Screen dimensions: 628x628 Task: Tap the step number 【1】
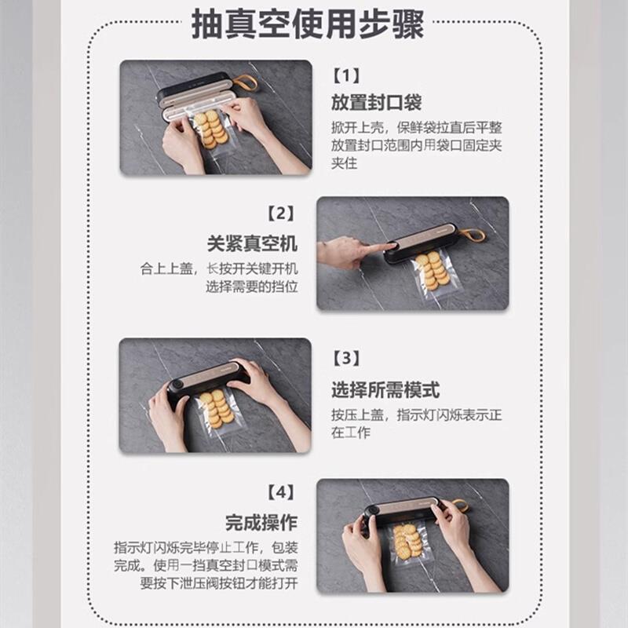click(345, 76)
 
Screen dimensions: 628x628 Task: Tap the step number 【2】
click(280, 213)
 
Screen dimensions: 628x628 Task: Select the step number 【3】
click(345, 359)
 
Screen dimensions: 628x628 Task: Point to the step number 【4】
click(280, 493)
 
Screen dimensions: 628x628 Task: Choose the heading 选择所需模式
click(385, 389)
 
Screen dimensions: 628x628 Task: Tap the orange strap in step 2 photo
click(471, 234)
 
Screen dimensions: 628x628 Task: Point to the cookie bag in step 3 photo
click(217, 410)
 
